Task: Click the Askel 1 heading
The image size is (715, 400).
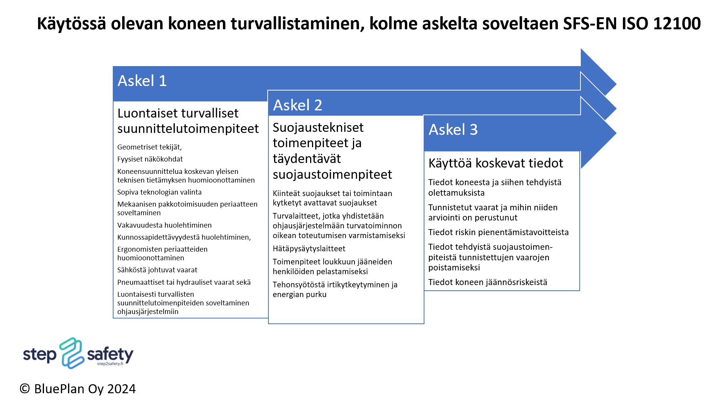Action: tap(142, 81)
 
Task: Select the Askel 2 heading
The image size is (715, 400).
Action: tap(298, 105)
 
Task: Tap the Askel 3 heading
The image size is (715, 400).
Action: tap(453, 130)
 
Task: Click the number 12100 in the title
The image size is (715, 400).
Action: tap(677, 23)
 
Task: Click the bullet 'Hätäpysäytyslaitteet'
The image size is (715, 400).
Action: tap(309, 249)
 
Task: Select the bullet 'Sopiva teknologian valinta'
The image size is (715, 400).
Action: tap(159, 192)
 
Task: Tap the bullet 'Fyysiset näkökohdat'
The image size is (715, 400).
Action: tap(150, 159)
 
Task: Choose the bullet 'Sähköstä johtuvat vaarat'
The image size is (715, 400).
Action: tap(157, 270)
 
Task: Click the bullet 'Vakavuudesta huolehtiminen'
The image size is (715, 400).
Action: tap(164, 225)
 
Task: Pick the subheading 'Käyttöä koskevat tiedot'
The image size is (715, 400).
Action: tap(496, 163)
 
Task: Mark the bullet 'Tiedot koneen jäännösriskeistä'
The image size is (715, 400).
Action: tap(488, 282)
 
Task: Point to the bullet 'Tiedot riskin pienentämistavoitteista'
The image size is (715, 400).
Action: tap(498, 232)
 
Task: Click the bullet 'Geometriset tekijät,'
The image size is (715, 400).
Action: tap(149, 147)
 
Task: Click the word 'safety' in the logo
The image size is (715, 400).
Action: tap(110, 354)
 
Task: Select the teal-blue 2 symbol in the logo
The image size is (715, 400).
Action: tap(71, 353)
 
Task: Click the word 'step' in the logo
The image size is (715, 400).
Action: tap(40, 355)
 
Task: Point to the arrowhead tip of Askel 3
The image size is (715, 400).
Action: tap(616, 133)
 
